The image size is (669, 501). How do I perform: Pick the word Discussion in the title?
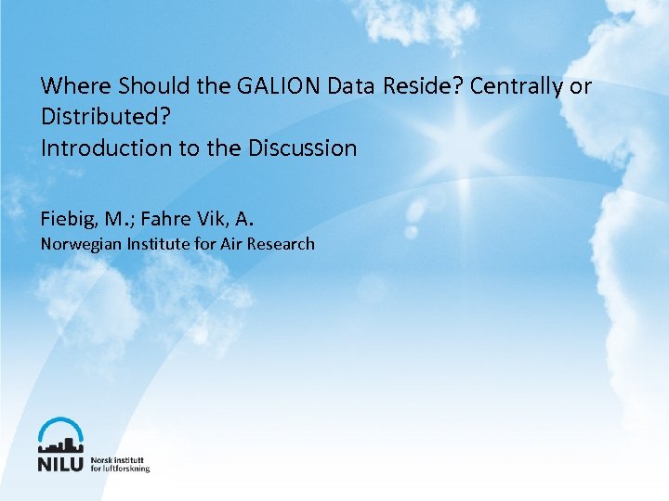coord(302,148)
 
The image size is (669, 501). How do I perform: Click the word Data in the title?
coord(350,86)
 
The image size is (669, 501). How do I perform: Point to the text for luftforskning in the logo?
coord(120,469)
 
